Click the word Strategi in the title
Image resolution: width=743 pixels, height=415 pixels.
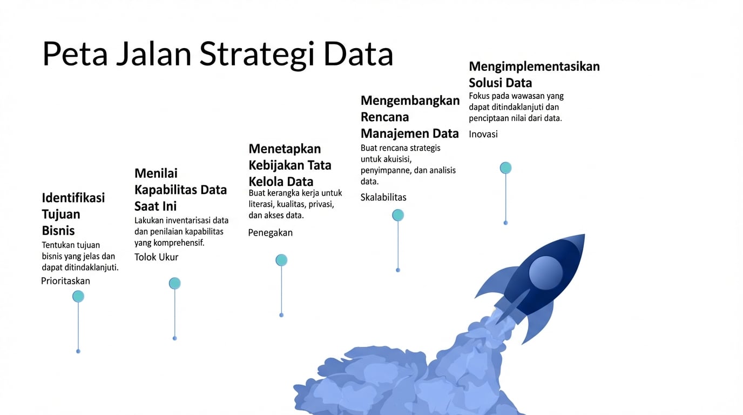pyautogui.click(x=257, y=55)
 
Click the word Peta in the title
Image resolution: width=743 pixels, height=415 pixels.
pyautogui.click(x=75, y=54)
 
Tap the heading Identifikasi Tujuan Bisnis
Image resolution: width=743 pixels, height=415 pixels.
pyautogui.click(x=73, y=214)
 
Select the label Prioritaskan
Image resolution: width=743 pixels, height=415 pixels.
pyautogui.click(x=65, y=281)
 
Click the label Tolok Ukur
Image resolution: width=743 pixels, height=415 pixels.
pyautogui.click(x=156, y=257)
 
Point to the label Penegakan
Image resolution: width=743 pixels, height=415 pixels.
pyautogui.click(x=271, y=233)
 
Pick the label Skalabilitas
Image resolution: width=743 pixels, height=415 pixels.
pyautogui.click(x=383, y=197)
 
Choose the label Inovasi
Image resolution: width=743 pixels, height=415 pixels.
pyautogui.click(x=483, y=134)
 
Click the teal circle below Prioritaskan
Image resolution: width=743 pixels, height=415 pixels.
pyautogui.click(x=78, y=297)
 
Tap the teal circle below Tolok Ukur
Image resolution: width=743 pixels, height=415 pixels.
pyautogui.click(x=175, y=283)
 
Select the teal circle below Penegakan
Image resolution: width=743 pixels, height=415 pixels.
pyautogui.click(x=281, y=260)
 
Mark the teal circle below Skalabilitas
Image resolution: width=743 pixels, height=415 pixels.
pyautogui.click(x=398, y=215)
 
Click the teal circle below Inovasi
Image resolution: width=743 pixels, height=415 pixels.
pyautogui.click(x=505, y=168)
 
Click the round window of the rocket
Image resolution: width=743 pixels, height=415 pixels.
pyautogui.click(x=545, y=272)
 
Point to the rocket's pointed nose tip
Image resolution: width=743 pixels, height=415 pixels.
pyautogui.click(x=584, y=235)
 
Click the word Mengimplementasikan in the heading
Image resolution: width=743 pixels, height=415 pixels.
pyautogui.click(x=535, y=66)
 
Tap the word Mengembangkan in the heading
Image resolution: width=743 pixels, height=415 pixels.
pyautogui.click(x=410, y=101)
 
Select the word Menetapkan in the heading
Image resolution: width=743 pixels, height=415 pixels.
pyautogui.click(x=285, y=149)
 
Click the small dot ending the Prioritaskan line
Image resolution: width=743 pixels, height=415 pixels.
pyautogui.click(x=78, y=351)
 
